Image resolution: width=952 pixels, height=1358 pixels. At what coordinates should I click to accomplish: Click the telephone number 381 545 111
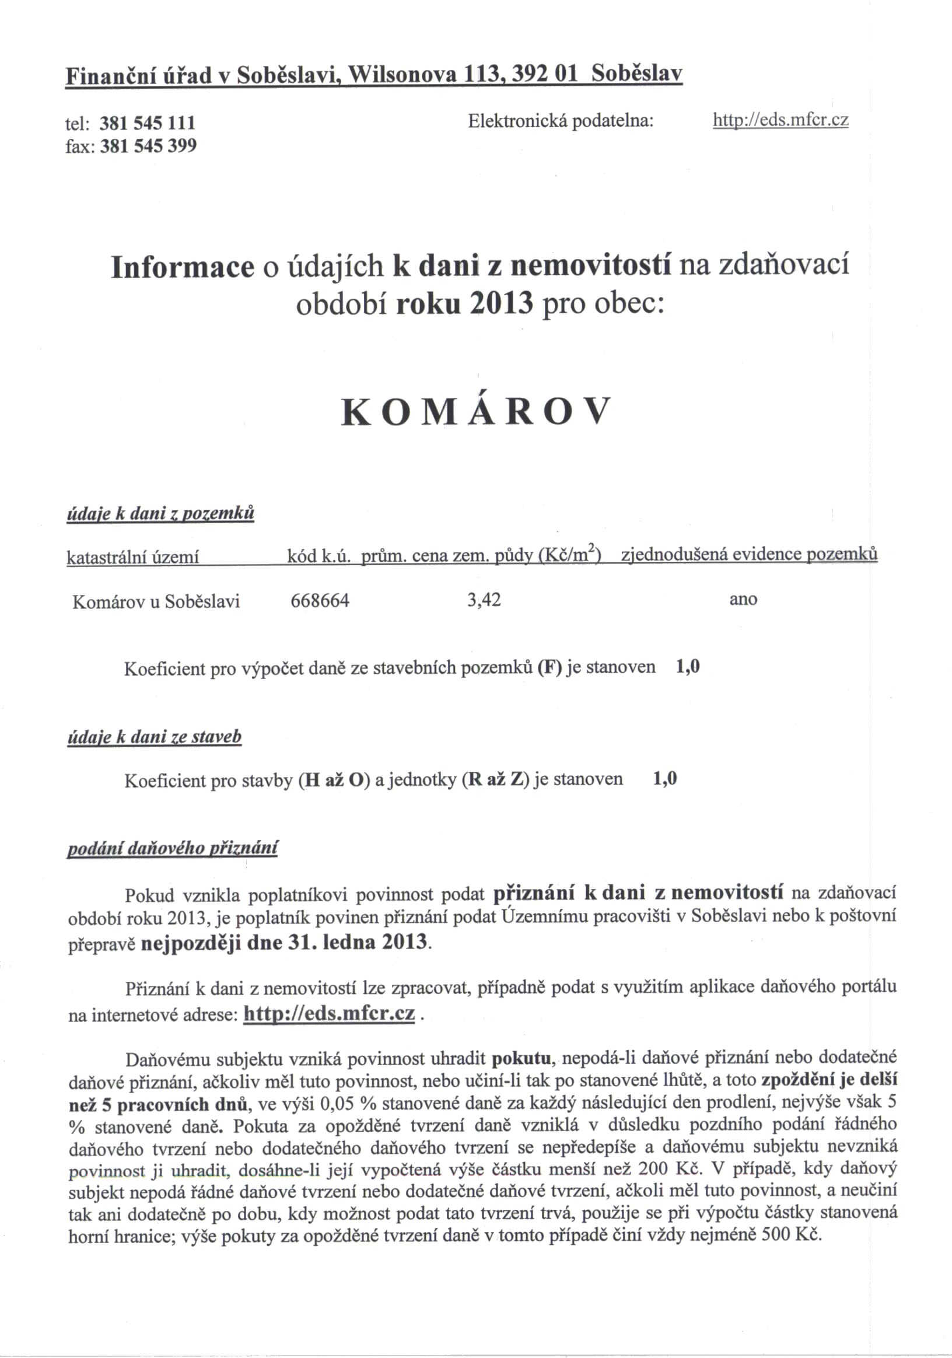point(147,123)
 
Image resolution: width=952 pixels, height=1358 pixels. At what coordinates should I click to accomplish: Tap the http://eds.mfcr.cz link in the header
point(780,120)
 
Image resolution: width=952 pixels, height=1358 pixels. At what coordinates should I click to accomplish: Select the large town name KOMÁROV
point(475,412)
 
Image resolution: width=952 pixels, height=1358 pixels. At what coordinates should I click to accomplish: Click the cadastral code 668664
point(320,601)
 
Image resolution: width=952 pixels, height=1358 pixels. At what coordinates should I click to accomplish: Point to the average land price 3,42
point(484,600)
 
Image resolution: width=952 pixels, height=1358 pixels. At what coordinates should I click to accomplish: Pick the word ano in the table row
point(743,599)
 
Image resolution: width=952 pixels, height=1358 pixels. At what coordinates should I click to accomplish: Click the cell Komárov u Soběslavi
point(156,602)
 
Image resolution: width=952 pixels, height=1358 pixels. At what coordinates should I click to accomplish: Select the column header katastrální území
point(133,556)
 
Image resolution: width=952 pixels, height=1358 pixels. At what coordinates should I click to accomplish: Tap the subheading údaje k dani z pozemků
point(161,513)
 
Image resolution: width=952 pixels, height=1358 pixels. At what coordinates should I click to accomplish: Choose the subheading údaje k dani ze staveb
point(155,737)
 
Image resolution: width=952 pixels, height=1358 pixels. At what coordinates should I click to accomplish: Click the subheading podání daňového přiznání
point(172,849)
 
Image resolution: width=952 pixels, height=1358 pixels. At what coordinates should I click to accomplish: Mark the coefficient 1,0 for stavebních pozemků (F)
point(687,667)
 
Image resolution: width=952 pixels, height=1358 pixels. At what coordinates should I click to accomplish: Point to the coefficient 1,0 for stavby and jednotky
point(664,779)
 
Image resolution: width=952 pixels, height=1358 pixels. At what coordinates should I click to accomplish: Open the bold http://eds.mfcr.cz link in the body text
point(330,1013)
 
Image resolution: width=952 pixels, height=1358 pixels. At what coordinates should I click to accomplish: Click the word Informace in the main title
point(182,267)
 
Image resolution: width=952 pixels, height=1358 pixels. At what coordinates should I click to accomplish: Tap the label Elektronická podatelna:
point(561,121)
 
